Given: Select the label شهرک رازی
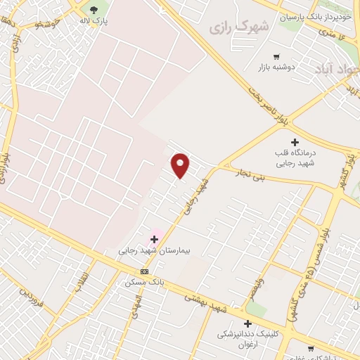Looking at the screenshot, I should coord(240,26).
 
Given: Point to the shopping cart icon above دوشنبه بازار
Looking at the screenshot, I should coord(276,56).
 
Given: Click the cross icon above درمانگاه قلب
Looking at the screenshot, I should coord(295,142).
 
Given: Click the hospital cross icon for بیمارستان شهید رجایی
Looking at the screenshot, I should coord(154,240).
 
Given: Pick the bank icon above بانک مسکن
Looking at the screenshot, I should coord(145,271).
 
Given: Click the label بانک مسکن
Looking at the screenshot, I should coord(144,281).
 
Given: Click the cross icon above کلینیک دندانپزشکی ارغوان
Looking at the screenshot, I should coord(247,323).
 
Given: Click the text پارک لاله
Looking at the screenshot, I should coord(94,21).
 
